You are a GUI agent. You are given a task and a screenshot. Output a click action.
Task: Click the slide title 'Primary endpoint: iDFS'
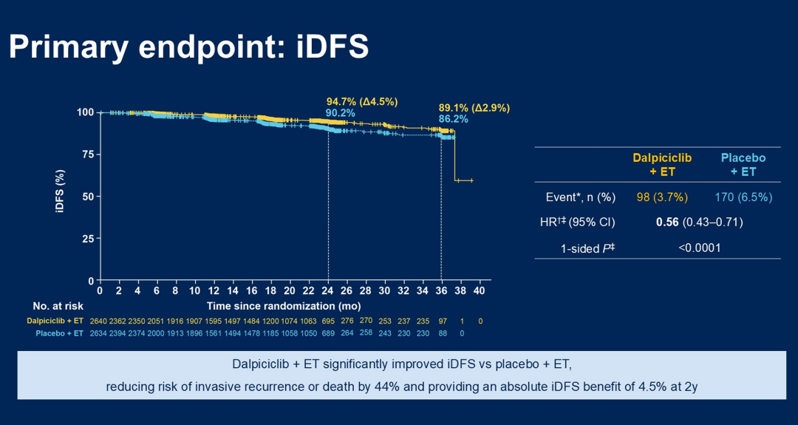(x=188, y=47)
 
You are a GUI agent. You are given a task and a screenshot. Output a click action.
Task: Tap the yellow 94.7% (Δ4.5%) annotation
(x=362, y=101)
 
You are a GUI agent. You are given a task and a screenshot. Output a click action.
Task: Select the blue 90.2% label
(x=341, y=113)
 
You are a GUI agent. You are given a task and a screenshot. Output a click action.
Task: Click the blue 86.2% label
(x=454, y=118)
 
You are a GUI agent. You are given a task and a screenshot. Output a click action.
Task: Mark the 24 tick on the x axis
(x=327, y=291)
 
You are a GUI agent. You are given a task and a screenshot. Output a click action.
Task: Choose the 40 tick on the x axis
(x=480, y=291)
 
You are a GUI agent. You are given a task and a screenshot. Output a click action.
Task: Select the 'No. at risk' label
(x=58, y=305)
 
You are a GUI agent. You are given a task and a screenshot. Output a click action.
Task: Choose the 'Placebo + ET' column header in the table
(x=743, y=165)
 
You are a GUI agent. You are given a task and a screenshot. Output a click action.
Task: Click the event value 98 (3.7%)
(x=662, y=197)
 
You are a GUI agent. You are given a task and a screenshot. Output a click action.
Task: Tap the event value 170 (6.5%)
(x=743, y=197)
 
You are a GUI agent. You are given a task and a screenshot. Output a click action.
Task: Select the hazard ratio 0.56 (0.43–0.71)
(x=699, y=222)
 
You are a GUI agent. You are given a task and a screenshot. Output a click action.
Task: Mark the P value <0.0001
(x=699, y=248)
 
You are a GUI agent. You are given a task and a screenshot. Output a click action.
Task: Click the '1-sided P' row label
(x=587, y=248)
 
